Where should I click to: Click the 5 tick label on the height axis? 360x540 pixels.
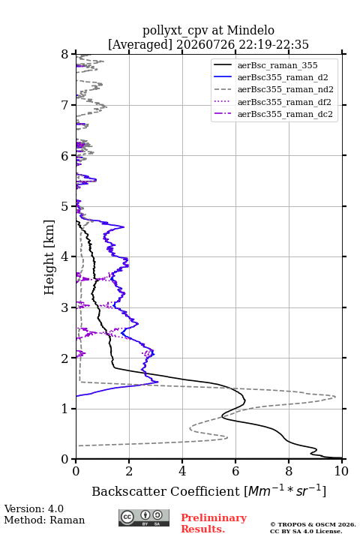[x=65, y=207]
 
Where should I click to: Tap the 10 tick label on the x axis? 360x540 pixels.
[x=341, y=471]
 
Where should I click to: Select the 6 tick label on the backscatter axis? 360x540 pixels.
[x=235, y=471]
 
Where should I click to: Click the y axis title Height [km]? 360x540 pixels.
[x=49, y=257]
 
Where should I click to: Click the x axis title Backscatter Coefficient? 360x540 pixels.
[x=165, y=491]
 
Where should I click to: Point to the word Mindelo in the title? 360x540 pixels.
[x=250, y=30]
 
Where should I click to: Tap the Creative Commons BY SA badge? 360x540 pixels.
[x=144, y=517]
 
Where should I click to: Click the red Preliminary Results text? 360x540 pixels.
[x=214, y=523]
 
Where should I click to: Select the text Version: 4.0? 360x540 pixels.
[x=34, y=508]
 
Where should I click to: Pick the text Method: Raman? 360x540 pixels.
[x=44, y=520]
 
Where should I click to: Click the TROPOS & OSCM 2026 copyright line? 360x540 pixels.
[x=313, y=524]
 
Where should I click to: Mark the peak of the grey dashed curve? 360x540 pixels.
[x=335, y=397]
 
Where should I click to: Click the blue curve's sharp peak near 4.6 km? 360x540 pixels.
[x=124, y=226]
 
